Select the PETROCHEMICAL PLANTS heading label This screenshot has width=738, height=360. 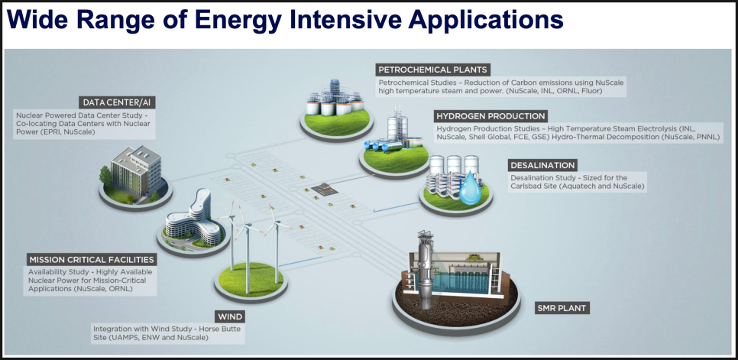pos(433,70)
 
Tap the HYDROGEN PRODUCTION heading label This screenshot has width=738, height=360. pos(490,116)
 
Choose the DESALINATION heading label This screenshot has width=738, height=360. pos(542,165)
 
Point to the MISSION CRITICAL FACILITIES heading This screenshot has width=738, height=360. pos(92,260)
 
